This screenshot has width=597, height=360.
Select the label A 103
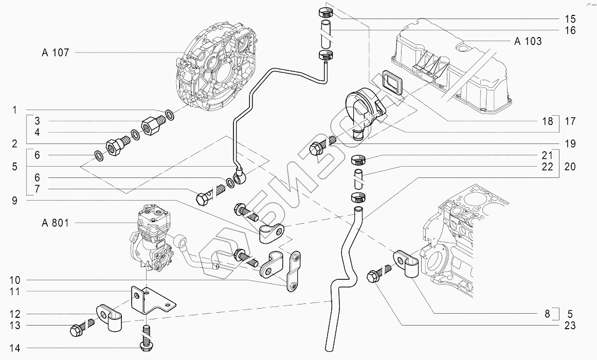click(528, 41)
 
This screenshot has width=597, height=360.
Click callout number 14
click(14, 348)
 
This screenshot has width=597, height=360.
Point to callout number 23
click(569, 325)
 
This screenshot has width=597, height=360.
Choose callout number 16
click(569, 30)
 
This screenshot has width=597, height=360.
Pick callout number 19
click(569, 143)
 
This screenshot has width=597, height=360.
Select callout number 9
click(14, 201)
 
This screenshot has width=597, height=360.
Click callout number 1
click(14, 110)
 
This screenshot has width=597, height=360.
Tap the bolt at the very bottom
click(146, 340)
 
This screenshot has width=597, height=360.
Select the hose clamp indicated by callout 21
click(359, 160)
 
